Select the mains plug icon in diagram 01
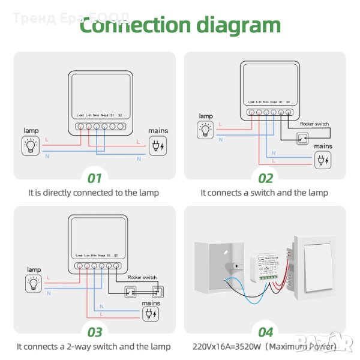click(x=158, y=146)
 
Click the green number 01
click(x=95, y=178)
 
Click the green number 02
click(x=265, y=178)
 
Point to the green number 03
click(x=95, y=332)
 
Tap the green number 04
click(x=265, y=332)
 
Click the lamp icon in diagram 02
click(x=205, y=128)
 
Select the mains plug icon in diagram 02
click(x=323, y=159)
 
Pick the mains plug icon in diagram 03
click(x=151, y=314)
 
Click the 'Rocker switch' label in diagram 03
click(x=143, y=278)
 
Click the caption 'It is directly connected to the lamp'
click(x=94, y=193)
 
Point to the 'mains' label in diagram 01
click(x=158, y=130)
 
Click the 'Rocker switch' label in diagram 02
click(x=314, y=124)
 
